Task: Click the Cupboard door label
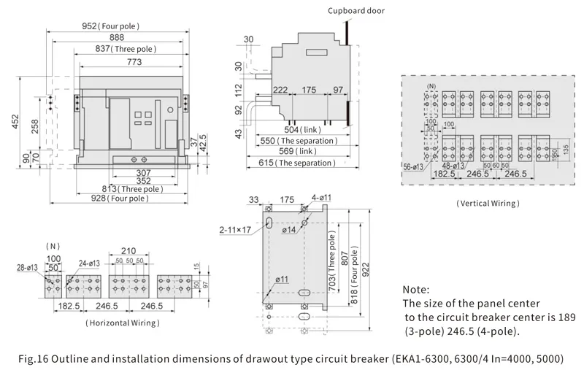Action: [x=356, y=11]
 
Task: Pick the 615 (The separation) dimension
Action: [x=297, y=163]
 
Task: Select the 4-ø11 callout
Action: [x=321, y=199]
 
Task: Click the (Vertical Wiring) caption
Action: [x=487, y=204]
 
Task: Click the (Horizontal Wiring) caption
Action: [x=122, y=322]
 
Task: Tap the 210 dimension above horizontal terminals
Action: [x=128, y=250]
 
